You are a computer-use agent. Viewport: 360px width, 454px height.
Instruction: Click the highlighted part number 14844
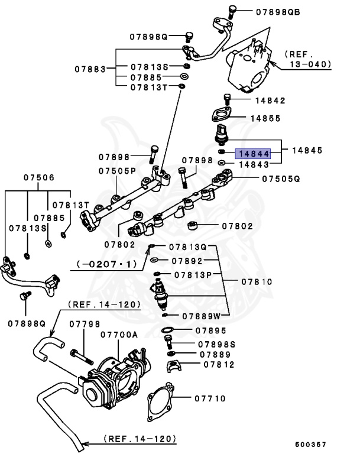pos(253,153)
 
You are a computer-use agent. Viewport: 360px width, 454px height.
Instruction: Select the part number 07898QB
pos(277,11)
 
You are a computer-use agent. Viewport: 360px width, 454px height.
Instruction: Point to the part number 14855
pos(264,118)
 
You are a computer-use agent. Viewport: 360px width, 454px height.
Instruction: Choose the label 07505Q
pos(281,178)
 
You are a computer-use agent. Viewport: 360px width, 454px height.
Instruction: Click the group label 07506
pos(39,177)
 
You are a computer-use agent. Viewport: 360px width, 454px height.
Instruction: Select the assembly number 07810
pos(255,282)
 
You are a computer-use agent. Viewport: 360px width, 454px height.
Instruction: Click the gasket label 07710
pos(209,398)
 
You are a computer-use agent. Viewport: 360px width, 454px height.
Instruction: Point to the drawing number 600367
pos(310,444)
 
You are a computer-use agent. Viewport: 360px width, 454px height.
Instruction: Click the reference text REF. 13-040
pos(307,58)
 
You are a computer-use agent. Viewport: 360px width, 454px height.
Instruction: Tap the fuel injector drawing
pos(161,294)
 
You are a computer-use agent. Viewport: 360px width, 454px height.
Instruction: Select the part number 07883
pos(90,69)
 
